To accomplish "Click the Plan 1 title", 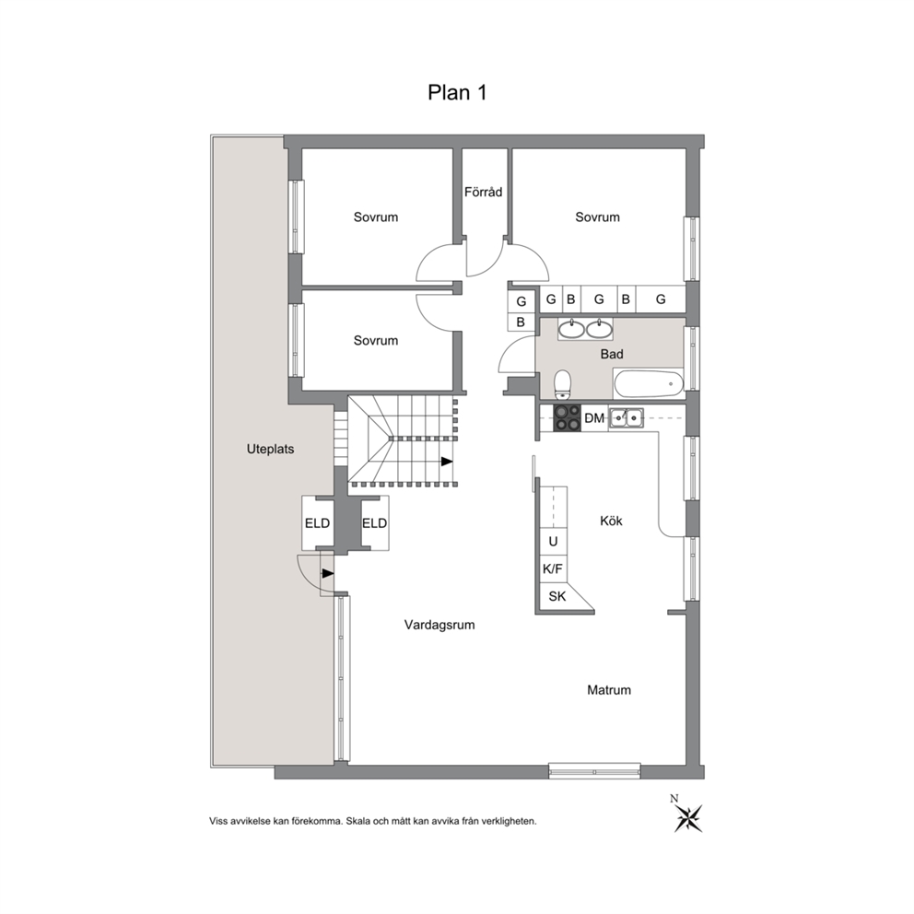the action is tap(457, 93).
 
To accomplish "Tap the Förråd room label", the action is tap(483, 192).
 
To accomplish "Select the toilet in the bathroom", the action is tap(563, 384).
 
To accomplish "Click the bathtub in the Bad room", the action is tap(648, 383).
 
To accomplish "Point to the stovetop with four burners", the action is tap(568, 418).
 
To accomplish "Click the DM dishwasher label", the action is tap(594, 418).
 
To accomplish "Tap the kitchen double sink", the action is tap(626, 418).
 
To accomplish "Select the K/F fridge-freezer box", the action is tap(552, 568).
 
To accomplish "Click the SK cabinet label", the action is tap(557, 596).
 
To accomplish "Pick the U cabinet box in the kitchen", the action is tap(553, 542).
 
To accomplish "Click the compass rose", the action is tap(688, 815).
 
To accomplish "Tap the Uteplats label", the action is tap(271, 450).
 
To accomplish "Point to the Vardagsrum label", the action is tap(439, 625).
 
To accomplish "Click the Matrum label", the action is tap(608, 690).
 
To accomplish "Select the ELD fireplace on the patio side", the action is tap(317, 522).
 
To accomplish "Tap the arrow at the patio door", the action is tap(328, 573).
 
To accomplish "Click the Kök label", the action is tap(611, 521).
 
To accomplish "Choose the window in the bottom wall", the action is tap(594, 771).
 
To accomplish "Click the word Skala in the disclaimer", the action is tap(357, 821).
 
